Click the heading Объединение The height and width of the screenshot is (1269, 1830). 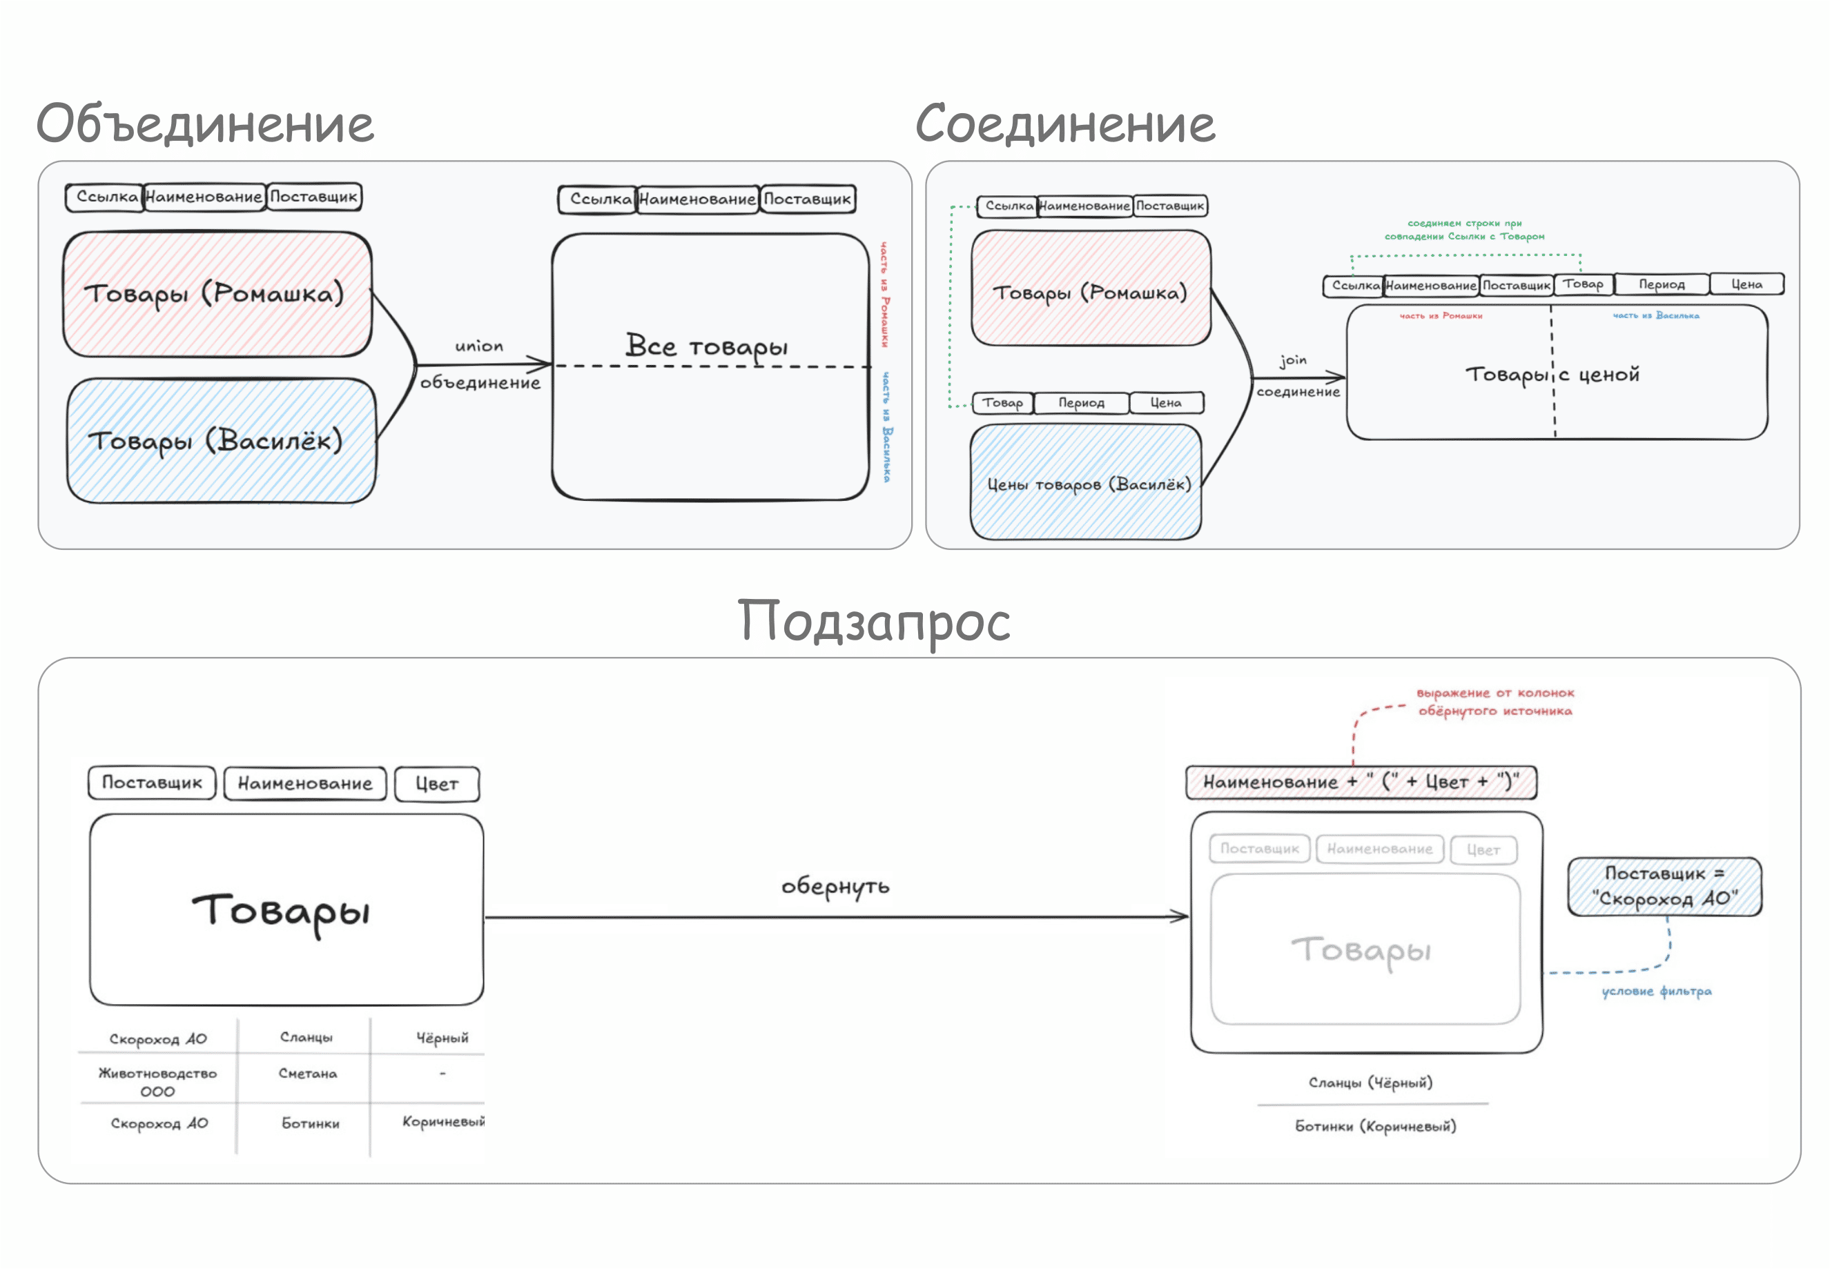(x=205, y=124)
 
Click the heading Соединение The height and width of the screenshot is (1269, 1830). (x=1065, y=124)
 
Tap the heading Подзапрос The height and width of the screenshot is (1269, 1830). (x=873, y=621)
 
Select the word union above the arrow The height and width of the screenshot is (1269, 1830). (x=479, y=346)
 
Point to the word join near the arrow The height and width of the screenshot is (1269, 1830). (x=1293, y=360)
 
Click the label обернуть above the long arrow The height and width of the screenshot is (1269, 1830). (x=835, y=885)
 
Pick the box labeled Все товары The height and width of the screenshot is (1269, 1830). (x=710, y=366)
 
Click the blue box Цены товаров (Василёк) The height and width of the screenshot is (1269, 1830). (x=1086, y=482)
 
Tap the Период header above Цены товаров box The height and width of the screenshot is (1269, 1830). (x=1081, y=403)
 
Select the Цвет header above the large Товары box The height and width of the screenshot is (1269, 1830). (x=437, y=784)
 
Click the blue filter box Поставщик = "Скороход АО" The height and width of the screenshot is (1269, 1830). (x=1664, y=886)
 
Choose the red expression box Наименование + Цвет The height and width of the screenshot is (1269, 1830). (x=1360, y=783)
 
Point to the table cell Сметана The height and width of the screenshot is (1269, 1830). (x=308, y=1074)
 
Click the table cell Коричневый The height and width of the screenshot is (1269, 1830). (x=442, y=1122)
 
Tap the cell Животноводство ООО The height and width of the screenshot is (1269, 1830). (x=157, y=1081)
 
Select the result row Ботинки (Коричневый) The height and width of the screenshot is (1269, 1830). (x=1375, y=1126)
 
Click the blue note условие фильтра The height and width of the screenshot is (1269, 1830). (x=1656, y=992)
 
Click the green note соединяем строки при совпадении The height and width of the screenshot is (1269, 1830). (x=1464, y=230)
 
